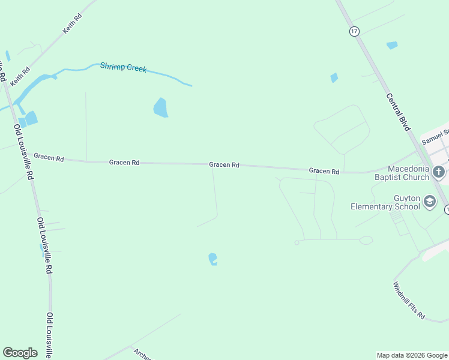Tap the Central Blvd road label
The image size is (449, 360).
point(398,112)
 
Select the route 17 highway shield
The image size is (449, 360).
point(354,31)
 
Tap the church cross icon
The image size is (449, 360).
point(439,172)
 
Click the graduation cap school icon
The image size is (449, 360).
point(429,202)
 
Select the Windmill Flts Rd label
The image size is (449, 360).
point(409,300)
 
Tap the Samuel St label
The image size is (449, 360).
point(435,137)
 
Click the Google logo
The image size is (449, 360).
point(20,352)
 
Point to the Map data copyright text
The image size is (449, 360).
point(412,355)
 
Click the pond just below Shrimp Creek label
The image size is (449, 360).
point(160,107)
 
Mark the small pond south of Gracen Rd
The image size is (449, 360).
point(212,259)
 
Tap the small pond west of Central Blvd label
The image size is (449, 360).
point(334,77)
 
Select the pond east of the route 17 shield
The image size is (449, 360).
point(392,45)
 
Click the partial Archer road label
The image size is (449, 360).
point(143,354)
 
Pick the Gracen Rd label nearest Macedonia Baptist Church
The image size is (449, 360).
point(324,171)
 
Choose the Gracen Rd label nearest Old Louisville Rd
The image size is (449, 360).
point(49,157)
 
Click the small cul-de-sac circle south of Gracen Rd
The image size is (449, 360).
point(297,243)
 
